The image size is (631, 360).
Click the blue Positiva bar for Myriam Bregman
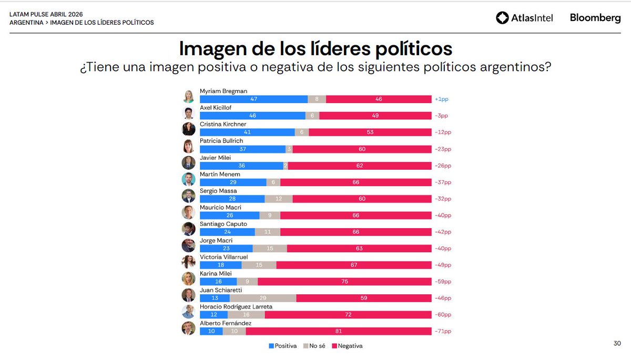tap(253, 99)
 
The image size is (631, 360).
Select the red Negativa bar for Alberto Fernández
tap(339, 331)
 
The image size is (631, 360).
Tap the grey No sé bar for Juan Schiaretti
tap(263, 298)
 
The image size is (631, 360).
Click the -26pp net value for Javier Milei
tap(442, 166)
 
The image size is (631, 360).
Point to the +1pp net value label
tap(441, 99)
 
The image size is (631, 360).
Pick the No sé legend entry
tap(314, 346)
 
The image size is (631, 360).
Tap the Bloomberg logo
tap(595, 18)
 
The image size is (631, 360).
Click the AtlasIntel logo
tap(524, 18)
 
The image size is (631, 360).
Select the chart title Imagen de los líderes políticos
tap(315, 48)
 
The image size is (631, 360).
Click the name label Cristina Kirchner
tap(223, 124)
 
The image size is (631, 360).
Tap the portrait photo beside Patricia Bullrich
tap(188, 146)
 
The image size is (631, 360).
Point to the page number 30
tap(617, 344)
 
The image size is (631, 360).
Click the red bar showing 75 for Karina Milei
tap(344, 281)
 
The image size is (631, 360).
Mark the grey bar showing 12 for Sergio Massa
tap(279, 199)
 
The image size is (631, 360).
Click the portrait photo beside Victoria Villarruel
tap(188, 262)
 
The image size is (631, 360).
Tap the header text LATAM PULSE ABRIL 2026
tap(46, 14)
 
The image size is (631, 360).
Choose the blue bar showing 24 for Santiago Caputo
tap(227, 232)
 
